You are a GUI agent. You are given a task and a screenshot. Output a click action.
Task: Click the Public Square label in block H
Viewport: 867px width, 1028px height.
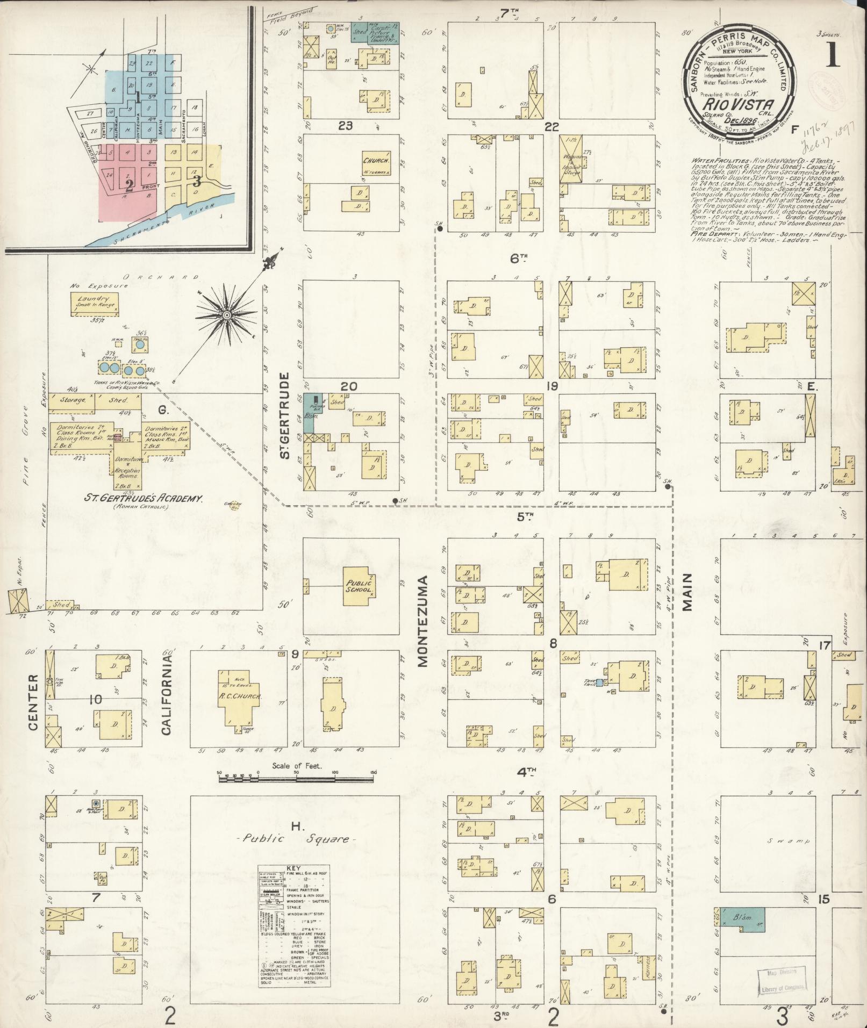tap(296, 853)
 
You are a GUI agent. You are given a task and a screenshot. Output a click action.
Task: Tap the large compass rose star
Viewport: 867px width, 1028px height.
tap(227, 314)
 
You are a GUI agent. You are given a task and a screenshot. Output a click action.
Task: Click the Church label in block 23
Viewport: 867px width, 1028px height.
tap(375, 161)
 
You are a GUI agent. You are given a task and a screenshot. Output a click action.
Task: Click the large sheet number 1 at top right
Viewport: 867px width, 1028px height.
tap(833, 54)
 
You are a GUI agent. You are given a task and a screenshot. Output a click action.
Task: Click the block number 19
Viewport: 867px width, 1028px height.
tap(551, 386)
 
